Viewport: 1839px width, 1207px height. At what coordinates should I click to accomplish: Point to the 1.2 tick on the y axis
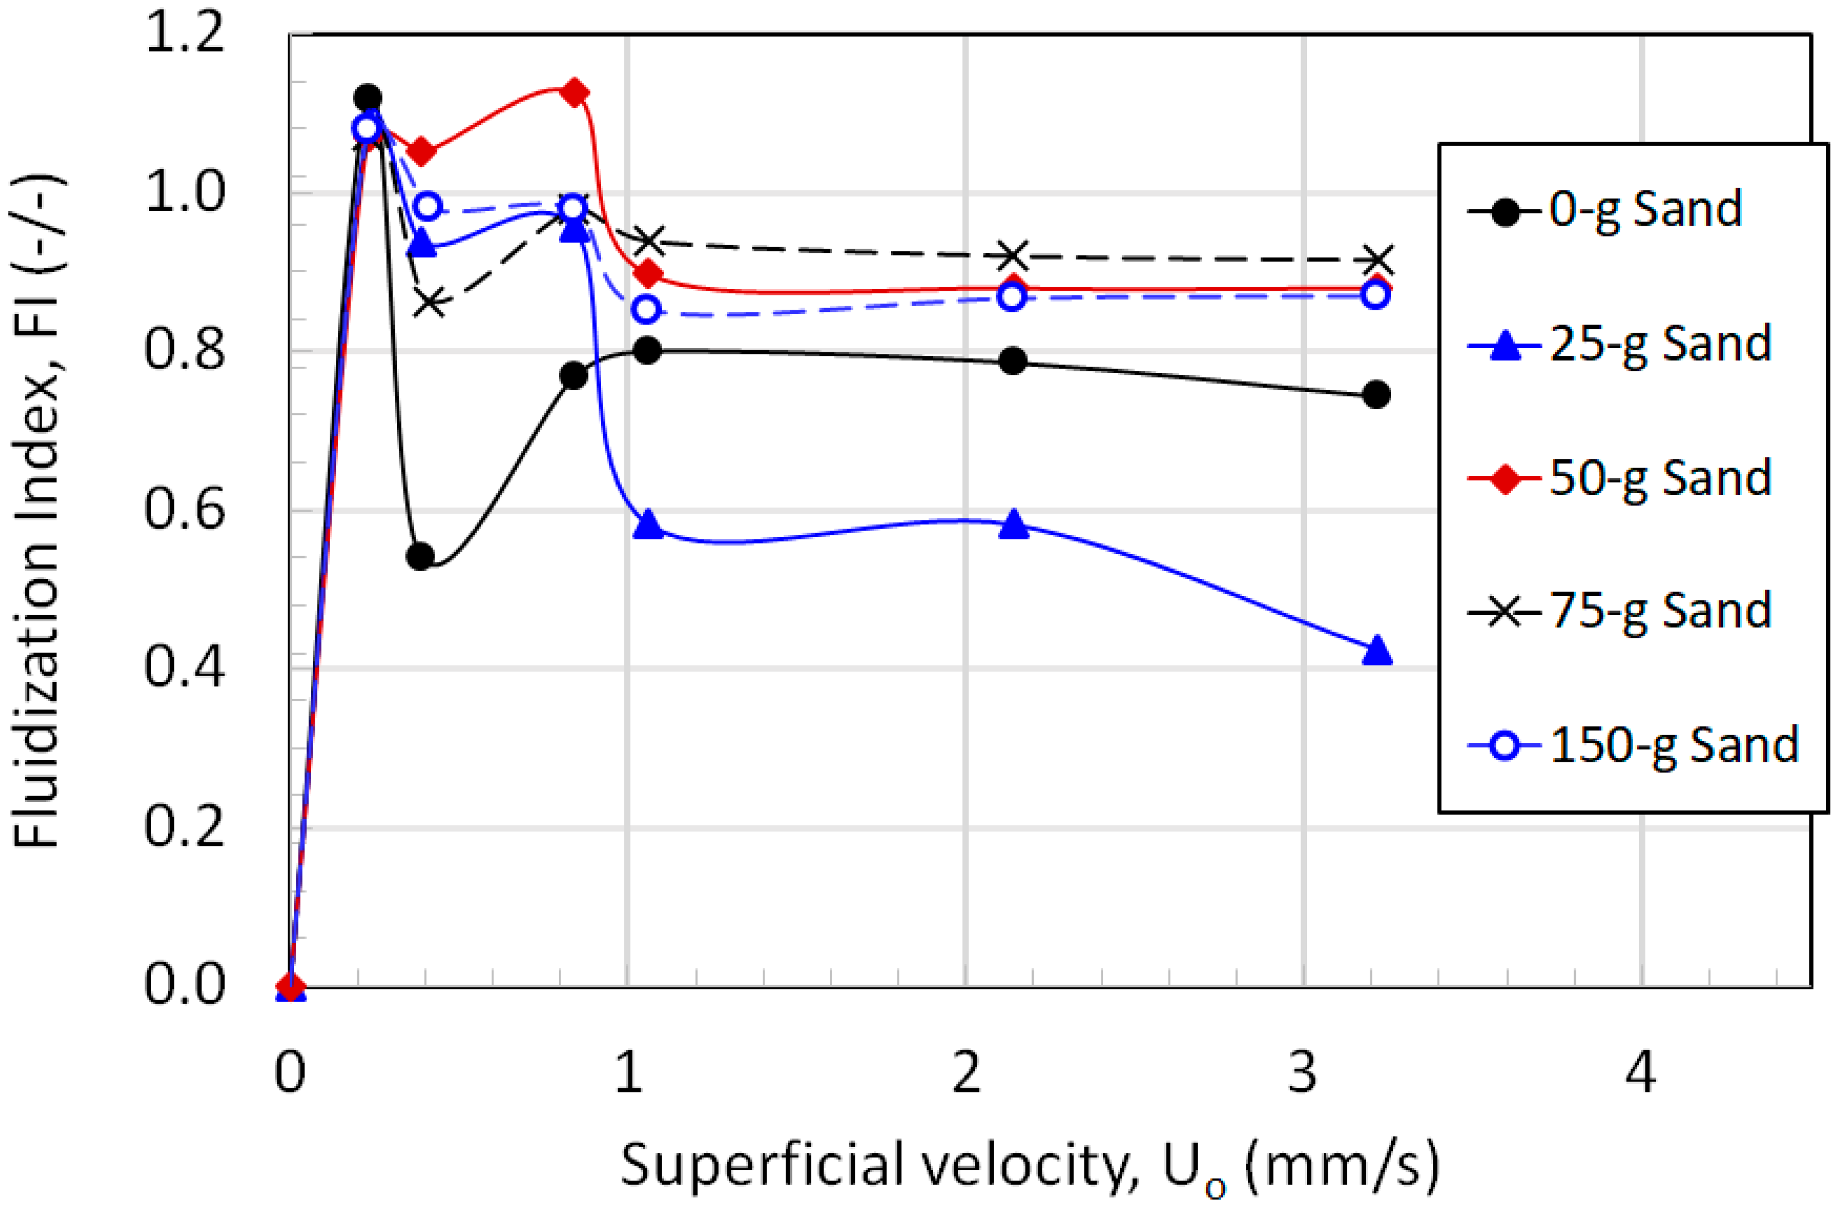pos(184,35)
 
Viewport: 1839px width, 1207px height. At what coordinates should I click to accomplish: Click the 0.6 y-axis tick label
pos(184,511)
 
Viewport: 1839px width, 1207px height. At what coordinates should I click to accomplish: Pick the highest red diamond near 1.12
pos(574,94)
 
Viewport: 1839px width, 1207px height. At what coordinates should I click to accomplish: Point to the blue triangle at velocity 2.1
pos(1013,525)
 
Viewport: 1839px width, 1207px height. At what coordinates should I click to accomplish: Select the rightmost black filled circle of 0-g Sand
pos(1376,395)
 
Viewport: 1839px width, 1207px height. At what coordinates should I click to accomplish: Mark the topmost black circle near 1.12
pos(367,98)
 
